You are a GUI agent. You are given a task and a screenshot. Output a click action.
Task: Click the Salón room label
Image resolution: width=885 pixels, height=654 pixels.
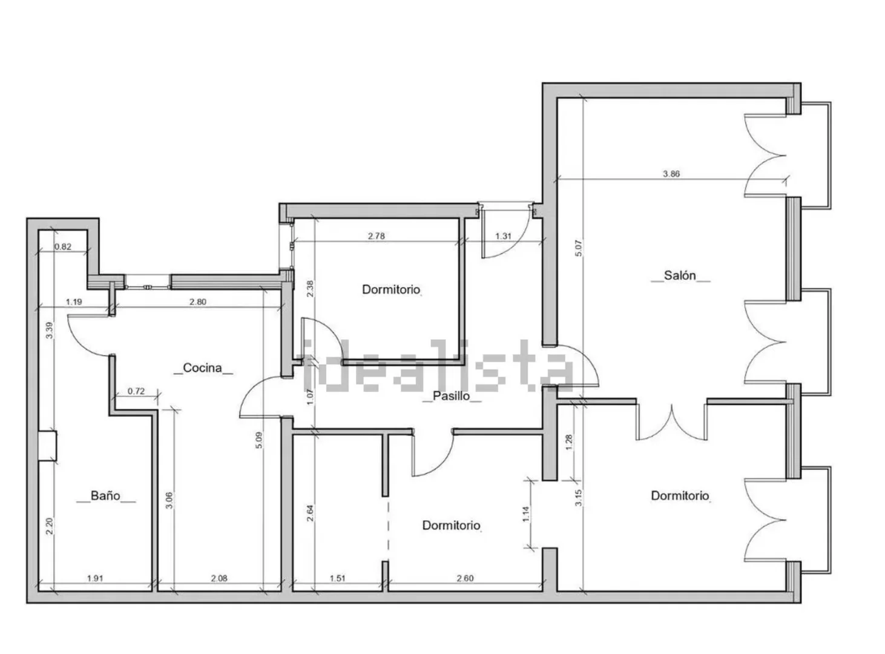pos(680,276)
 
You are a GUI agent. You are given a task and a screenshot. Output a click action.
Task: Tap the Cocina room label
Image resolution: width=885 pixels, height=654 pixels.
pos(202,368)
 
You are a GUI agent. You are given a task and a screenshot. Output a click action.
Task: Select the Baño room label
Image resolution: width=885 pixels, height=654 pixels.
pos(105,496)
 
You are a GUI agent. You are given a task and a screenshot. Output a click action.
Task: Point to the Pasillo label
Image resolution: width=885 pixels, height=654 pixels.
pos(452,396)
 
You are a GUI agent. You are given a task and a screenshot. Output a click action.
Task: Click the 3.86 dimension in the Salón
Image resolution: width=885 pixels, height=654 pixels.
pos(671,174)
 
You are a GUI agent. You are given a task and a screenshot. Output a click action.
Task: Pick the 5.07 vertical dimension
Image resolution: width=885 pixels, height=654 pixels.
pos(579,248)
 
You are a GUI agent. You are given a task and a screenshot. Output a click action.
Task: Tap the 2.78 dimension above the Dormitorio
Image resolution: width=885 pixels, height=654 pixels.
pos(377,236)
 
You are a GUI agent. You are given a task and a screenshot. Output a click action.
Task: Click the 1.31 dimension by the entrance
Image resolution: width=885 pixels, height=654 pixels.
pos(503,236)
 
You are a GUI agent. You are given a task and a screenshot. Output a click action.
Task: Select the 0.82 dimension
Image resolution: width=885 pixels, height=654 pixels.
pos(62,246)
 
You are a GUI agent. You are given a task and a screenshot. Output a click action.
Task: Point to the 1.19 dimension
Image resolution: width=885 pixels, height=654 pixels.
pos(74,302)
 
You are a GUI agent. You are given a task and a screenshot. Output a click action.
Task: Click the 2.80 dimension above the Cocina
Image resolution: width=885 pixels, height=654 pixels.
pos(197,302)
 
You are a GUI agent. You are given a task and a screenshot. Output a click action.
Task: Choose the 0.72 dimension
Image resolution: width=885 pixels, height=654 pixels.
pos(136,391)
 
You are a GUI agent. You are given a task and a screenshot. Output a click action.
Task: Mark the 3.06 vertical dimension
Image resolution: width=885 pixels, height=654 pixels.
pos(169,500)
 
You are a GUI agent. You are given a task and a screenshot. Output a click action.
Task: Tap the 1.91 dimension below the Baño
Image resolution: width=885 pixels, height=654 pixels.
pos(95,578)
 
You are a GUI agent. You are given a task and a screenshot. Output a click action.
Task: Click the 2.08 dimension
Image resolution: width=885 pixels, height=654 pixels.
pos(219,578)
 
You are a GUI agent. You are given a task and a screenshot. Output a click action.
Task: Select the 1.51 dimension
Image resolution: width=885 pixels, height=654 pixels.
pos(338,578)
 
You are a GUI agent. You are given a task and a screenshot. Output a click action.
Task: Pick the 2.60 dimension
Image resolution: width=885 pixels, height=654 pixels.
pos(465,578)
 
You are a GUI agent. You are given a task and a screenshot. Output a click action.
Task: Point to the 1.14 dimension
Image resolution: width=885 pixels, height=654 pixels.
pos(526,514)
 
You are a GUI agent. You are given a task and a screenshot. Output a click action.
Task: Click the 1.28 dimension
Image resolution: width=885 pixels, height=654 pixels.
pos(570,442)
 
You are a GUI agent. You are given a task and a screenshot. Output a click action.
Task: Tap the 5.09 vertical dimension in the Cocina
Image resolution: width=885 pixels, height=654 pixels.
pos(259,440)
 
